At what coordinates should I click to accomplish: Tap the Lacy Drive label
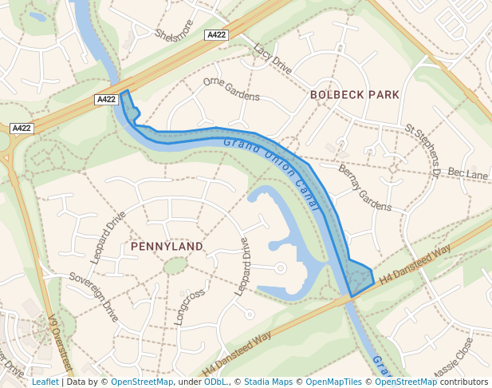[x=272, y=60]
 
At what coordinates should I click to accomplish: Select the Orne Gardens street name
[x=231, y=90]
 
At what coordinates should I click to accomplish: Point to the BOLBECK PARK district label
[x=355, y=94]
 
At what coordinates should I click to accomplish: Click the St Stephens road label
[x=423, y=148]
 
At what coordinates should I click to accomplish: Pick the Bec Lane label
[x=467, y=173]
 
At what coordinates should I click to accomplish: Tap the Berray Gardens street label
[x=364, y=188]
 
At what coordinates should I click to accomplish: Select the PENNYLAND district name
[x=167, y=247]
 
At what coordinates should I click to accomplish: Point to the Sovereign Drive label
[x=94, y=295]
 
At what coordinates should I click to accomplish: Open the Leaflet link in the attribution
[x=45, y=382]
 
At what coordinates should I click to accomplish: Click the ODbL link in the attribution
[x=215, y=382]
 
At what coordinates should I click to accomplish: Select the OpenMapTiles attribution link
[x=334, y=382]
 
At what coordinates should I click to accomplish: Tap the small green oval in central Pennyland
[x=175, y=266]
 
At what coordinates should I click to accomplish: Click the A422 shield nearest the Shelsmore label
[x=216, y=35]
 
